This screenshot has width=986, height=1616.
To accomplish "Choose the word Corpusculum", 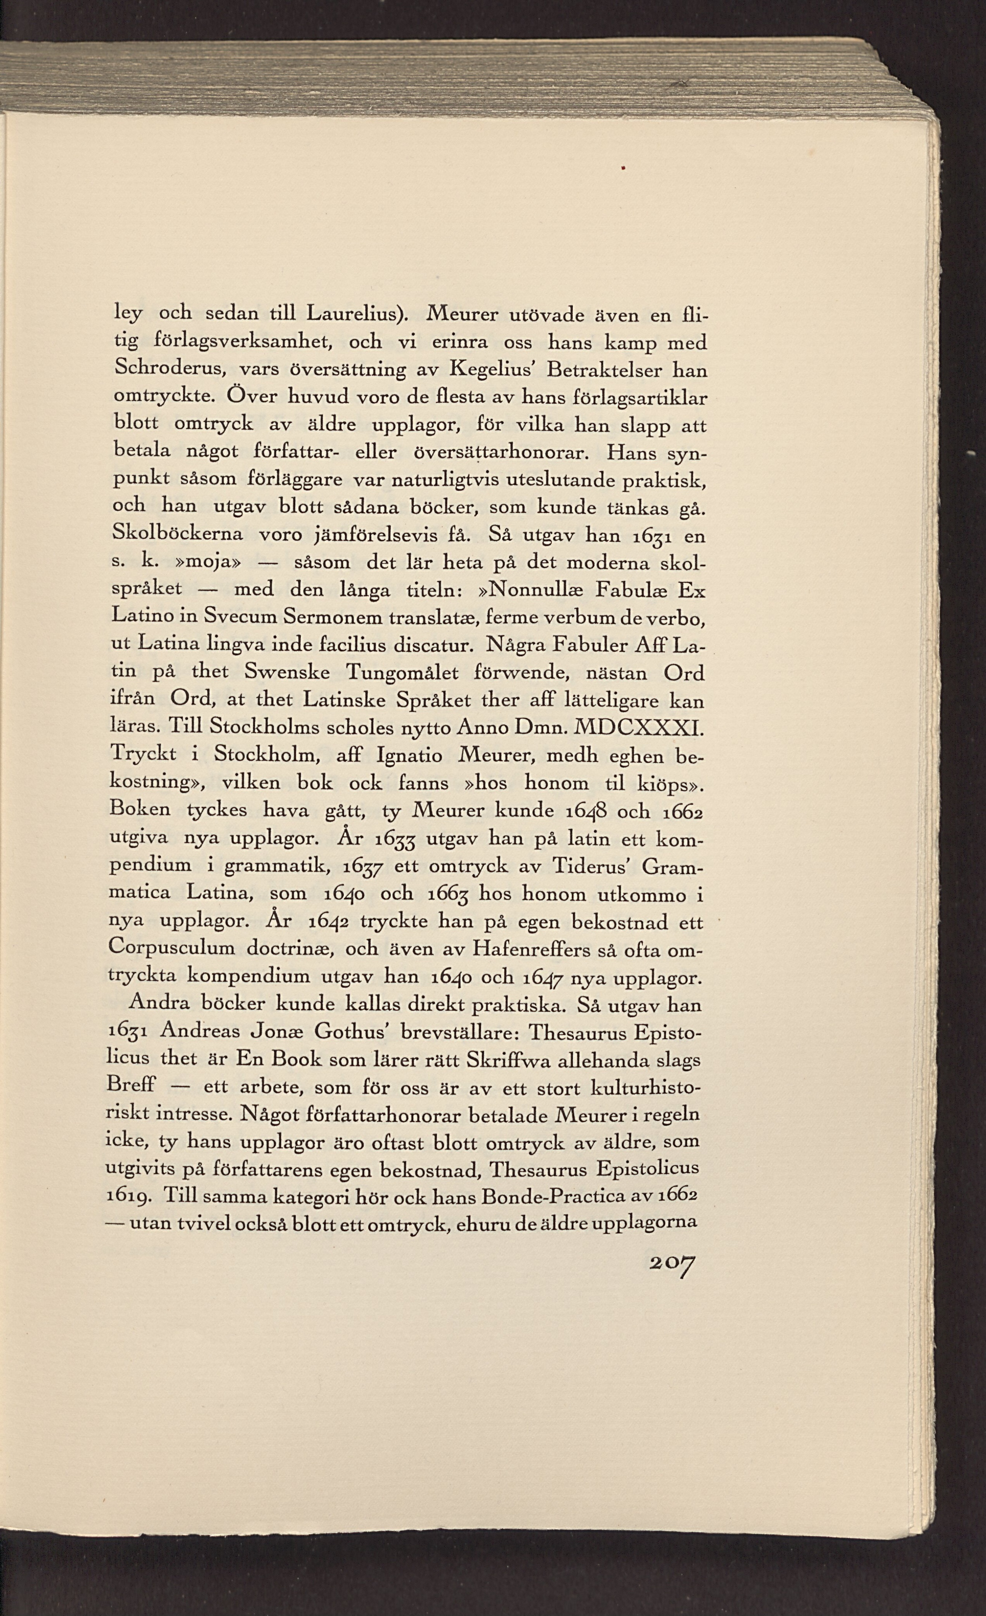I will pos(172,949).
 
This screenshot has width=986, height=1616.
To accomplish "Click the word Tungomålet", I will pos(402,673).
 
